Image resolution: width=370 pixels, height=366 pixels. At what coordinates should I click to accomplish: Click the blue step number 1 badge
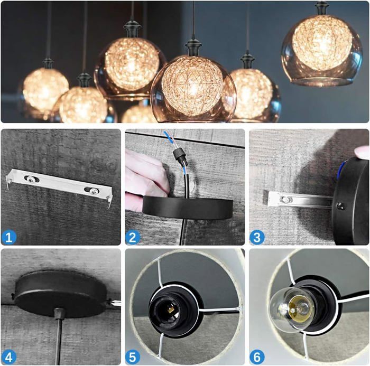[x=9, y=237]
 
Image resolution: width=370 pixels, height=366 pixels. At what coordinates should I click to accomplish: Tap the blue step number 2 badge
[x=133, y=237]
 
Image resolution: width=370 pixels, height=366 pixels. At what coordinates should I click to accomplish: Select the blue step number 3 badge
[x=257, y=237]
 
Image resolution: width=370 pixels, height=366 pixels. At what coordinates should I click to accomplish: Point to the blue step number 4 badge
[x=9, y=357]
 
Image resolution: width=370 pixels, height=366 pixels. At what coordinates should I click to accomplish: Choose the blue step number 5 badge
[x=133, y=357]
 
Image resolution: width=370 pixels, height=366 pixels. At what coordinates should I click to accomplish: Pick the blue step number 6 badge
[x=257, y=357]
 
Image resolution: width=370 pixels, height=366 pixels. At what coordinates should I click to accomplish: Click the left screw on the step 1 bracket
[x=31, y=179]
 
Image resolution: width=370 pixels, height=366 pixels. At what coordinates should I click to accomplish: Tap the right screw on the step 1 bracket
[x=94, y=192]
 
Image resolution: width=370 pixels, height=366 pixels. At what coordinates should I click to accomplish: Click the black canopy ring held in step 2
[x=188, y=208]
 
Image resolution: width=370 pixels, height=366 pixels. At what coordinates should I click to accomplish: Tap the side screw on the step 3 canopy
[x=340, y=205]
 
